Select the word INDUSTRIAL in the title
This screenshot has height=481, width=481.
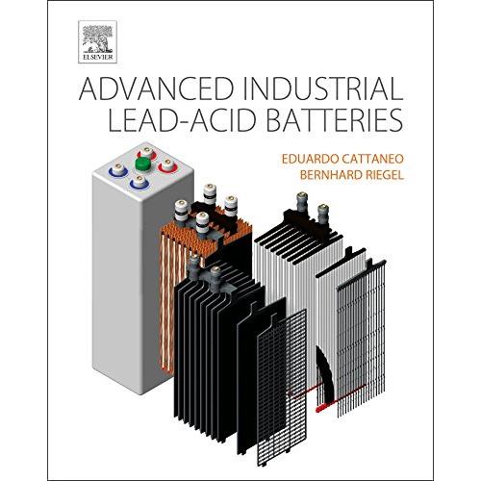click(323, 89)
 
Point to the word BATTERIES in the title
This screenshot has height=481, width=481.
click(335, 120)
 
